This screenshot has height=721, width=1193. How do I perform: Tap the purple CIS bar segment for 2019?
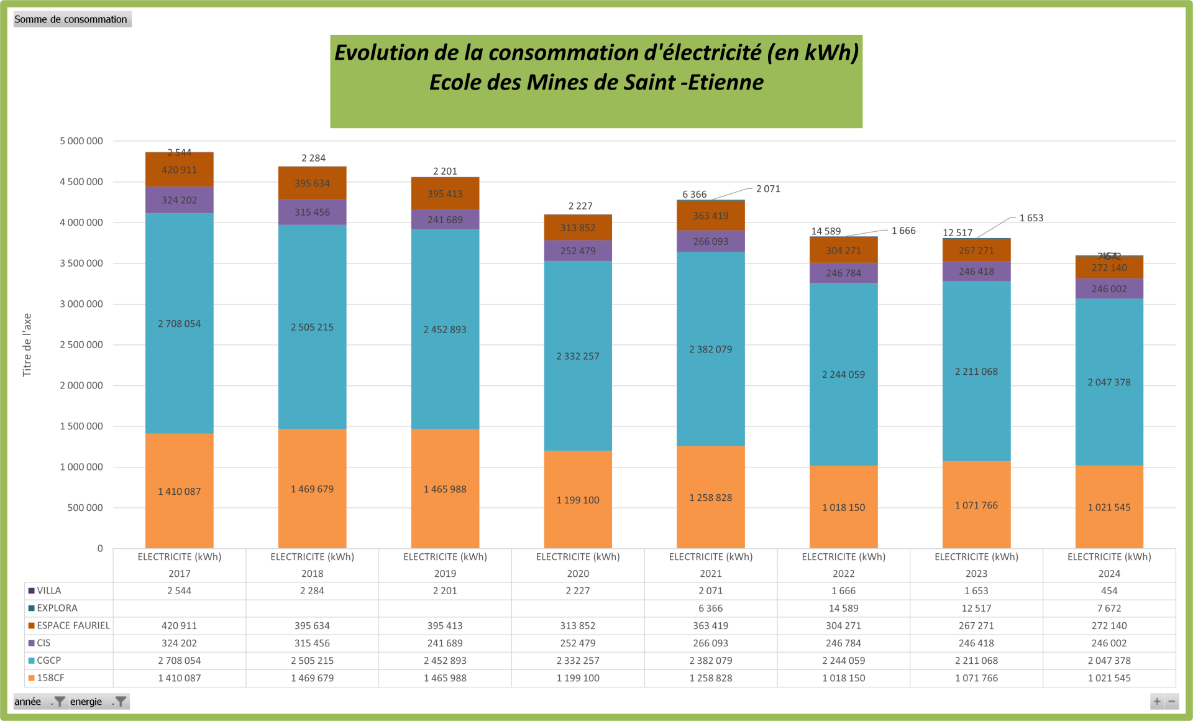(x=445, y=219)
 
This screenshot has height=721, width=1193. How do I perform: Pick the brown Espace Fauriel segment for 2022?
(x=843, y=250)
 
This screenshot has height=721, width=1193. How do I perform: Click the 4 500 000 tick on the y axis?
(x=81, y=182)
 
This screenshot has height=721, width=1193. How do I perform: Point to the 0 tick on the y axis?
(x=99, y=548)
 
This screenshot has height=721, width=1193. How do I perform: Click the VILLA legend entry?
(x=48, y=590)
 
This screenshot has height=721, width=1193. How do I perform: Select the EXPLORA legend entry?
(x=57, y=608)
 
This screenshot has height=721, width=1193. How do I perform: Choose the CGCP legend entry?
(x=48, y=660)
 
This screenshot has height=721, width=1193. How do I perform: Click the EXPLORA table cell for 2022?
(x=843, y=608)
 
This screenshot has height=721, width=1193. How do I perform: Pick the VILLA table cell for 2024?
(x=1109, y=590)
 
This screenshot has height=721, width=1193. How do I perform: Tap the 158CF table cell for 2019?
(x=445, y=678)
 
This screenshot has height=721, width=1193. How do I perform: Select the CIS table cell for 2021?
(x=711, y=643)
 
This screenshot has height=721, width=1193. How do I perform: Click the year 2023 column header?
(x=976, y=573)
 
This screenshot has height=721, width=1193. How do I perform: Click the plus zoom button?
(x=1157, y=702)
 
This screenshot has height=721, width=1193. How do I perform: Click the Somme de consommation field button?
(x=71, y=19)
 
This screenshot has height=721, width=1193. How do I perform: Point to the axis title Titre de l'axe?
(x=27, y=344)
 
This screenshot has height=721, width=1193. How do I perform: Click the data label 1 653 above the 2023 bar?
(x=1031, y=218)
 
